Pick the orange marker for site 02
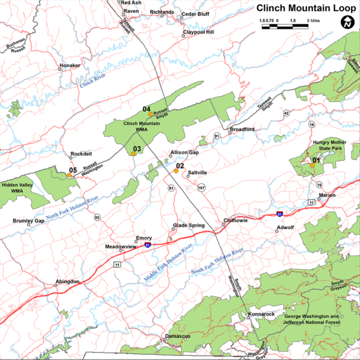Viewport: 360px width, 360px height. [176, 171]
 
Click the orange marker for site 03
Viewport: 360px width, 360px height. [133, 154]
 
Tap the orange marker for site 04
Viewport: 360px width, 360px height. [150, 114]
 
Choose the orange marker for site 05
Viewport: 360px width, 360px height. [70, 176]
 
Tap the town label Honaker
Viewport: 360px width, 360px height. [70, 65]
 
